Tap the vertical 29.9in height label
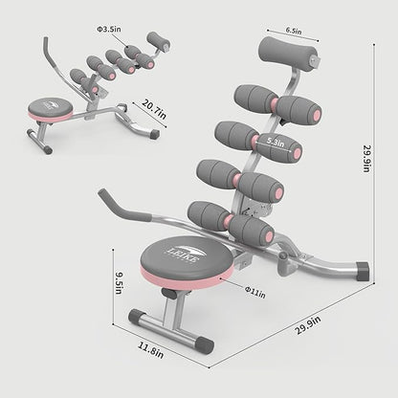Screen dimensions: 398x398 point(367,159)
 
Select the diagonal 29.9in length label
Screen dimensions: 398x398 point(307,325)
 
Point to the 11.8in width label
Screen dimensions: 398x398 point(151,350)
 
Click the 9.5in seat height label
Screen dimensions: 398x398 point(120,283)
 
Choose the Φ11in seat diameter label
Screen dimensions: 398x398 point(255,292)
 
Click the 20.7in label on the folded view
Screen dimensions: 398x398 point(154,109)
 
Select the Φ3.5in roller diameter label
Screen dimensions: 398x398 point(109,29)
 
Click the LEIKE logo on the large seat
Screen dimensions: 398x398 point(184,254)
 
